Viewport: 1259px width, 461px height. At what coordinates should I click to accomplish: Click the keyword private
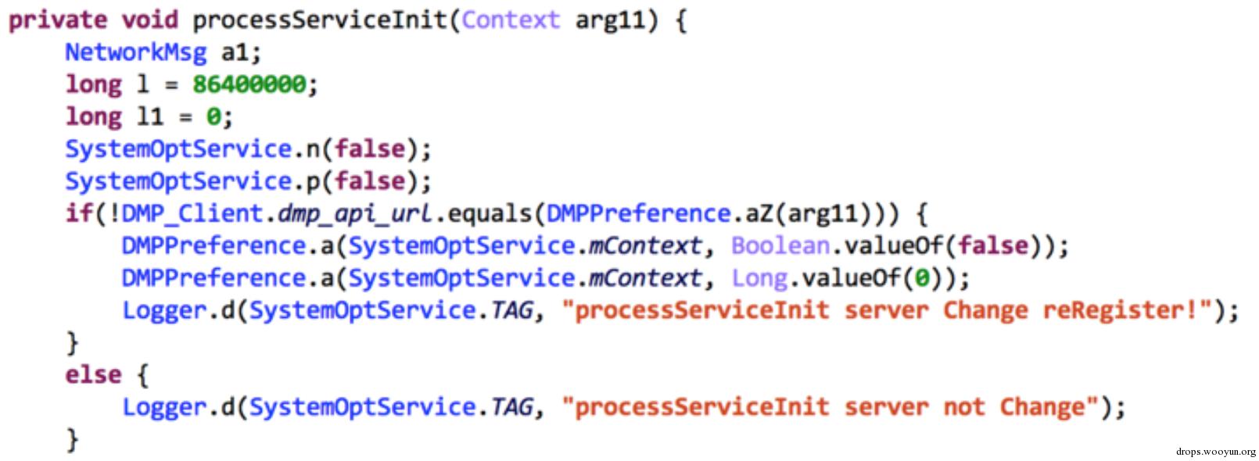pyautogui.click(x=58, y=21)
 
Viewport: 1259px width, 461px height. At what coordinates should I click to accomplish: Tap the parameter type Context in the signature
pyautogui.click(x=511, y=20)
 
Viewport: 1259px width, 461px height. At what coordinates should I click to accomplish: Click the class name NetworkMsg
pyautogui.click(x=136, y=52)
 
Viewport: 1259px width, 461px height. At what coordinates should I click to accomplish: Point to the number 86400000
pyautogui.click(x=249, y=85)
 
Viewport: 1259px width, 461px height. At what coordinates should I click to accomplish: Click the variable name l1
pyautogui.click(x=150, y=116)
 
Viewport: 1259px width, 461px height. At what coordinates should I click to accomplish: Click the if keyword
pyautogui.click(x=79, y=213)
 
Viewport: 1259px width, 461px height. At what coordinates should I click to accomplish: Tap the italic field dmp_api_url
pyautogui.click(x=355, y=214)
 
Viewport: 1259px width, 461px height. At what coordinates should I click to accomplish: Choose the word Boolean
pyautogui.click(x=780, y=246)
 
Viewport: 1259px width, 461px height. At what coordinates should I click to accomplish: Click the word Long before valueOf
pyautogui.click(x=759, y=278)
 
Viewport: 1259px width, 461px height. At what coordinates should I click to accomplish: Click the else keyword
pyautogui.click(x=93, y=374)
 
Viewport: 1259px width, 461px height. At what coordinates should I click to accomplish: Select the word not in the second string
pyautogui.click(x=964, y=407)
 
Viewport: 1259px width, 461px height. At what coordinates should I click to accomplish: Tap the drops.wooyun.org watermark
pyautogui.click(x=1215, y=452)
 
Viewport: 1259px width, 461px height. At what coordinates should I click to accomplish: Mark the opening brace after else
pyautogui.click(x=143, y=375)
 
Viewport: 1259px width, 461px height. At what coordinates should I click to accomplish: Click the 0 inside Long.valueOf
pyautogui.click(x=921, y=278)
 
